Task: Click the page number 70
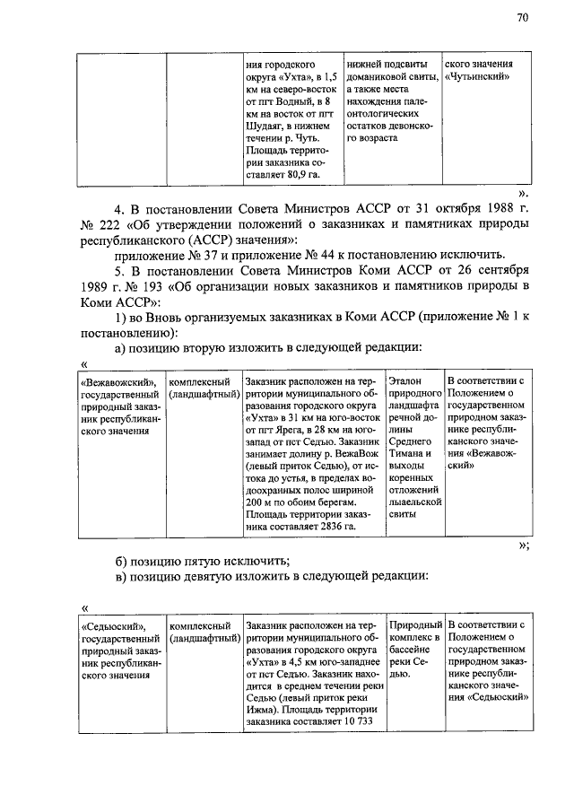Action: pyautogui.click(x=522, y=17)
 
